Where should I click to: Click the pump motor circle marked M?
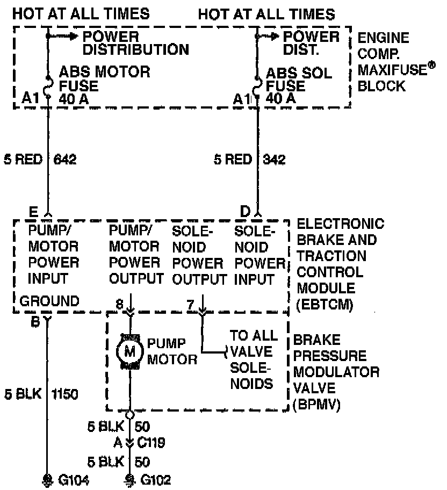(129, 351)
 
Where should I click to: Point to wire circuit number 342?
(275, 160)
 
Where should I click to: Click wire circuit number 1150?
(65, 395)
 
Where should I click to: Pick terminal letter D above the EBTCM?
(246, 211)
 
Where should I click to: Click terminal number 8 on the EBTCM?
(120, 305)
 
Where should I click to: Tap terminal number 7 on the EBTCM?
(190, 305)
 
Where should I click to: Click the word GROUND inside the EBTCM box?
(49, 301)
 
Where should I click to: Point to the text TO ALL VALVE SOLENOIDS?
(254, 359)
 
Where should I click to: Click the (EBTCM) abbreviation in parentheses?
(325, 305)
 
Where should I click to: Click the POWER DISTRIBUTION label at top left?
(135, 44)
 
